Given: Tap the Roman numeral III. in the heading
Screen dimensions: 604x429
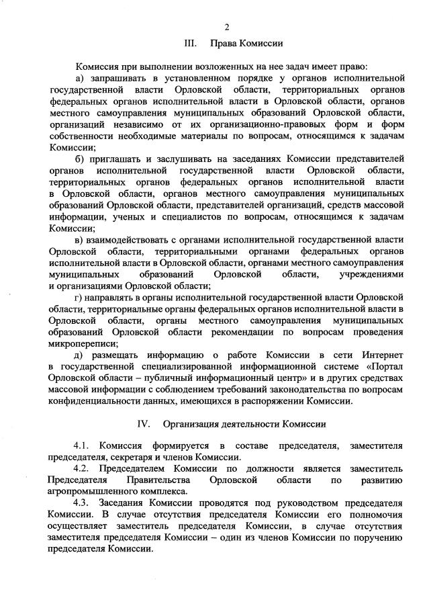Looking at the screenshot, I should click(190, 44).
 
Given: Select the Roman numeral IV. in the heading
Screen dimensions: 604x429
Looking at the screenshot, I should click(143, 424).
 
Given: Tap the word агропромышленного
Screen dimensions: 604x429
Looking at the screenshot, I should click(95, 490).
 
